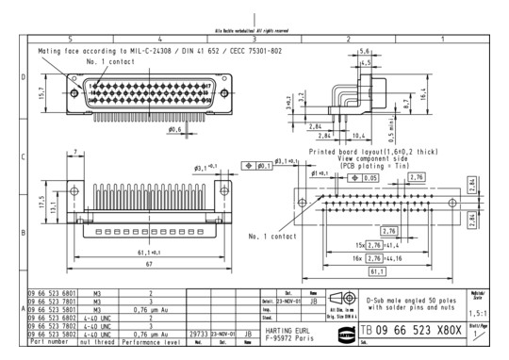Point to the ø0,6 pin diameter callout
pyautogui.click(x=174, y=130)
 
